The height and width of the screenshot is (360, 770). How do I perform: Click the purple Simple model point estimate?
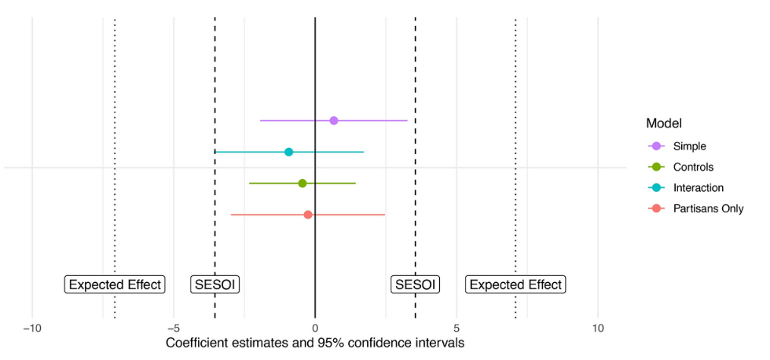click(x=334, y=120)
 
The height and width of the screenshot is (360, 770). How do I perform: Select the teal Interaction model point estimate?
click(x=288, y=152)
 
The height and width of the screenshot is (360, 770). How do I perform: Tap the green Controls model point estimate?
click(x=302, y=183)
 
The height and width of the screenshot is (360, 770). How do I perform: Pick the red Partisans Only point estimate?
click(x=308, y=215)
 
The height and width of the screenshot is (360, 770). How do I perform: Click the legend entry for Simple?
click(x=690, y=145)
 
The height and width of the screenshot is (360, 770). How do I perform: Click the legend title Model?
click(x=663, y=123)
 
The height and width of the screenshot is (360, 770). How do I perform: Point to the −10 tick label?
click(x=31, y=328)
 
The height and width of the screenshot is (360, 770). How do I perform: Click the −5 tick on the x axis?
click(x=173, y=328)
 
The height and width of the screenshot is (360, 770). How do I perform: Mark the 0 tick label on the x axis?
click(x=315, y=328)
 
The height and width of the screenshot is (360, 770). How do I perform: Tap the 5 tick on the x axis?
click(x=456, y=328)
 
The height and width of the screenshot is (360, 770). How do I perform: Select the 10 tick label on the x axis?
click(x=597, y=328)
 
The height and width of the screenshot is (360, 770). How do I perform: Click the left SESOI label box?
click(x=215, y=285)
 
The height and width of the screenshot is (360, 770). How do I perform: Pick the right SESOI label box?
click(x=415, y=285)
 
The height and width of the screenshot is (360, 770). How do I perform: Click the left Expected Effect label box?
click(x=115, y=285)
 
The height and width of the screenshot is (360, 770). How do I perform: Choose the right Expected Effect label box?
click(x=515, y=285)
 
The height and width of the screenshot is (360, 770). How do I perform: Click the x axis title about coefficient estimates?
click(x=315, y=343)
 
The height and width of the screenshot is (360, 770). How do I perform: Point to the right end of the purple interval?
click(x=407, y=120)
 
